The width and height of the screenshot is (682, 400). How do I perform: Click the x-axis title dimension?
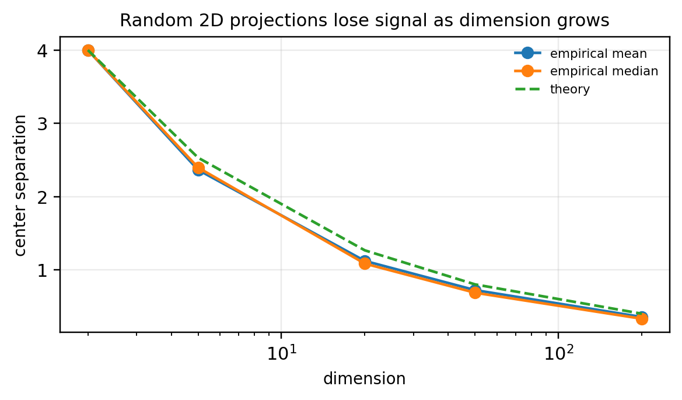(364, 380)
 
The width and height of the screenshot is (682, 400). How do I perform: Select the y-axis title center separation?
(21, 185)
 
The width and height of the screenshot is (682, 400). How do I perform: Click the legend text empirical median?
(604, 72)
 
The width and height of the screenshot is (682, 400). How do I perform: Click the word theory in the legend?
(570, 90)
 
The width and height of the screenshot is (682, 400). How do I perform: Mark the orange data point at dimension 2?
(88, 51)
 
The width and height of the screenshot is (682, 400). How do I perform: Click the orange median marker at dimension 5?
(198, 168)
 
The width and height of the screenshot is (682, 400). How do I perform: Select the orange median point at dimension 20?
(365, 263)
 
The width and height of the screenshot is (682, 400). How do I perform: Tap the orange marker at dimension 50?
(475, 293)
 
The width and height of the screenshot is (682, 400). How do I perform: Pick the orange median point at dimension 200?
(642, 319)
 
